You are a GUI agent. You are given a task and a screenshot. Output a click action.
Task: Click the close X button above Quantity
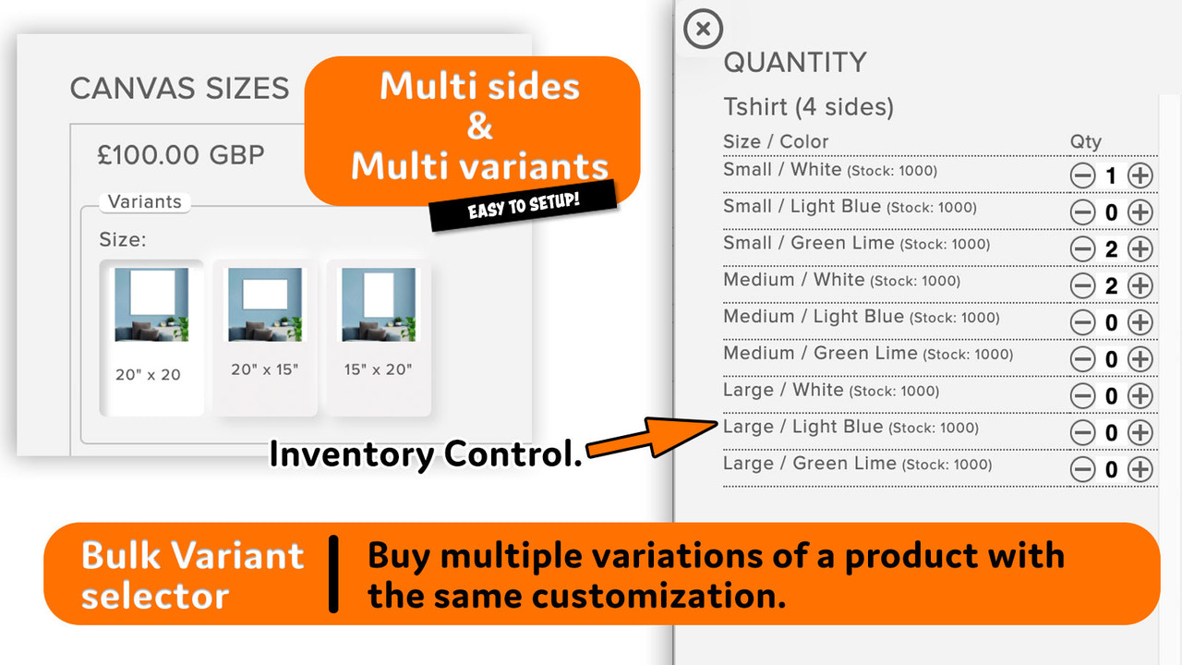point(703,30)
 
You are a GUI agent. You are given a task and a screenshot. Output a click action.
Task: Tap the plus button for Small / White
point(1140,175)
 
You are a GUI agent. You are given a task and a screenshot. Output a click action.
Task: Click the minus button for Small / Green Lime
point(1082,249)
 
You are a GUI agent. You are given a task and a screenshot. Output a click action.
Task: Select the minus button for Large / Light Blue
point(1082,432)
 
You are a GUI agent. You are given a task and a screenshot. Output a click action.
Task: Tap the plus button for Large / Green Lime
point(1140,469)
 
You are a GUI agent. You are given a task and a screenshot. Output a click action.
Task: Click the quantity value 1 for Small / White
point(1111,175)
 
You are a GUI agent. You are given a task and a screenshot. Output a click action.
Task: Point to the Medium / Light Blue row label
point(814,317)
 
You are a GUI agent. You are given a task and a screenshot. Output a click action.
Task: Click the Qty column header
point(1085,141)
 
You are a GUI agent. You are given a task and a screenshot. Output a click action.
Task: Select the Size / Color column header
point(776,141)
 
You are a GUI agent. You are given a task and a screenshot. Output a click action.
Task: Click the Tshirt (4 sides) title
point(808,107)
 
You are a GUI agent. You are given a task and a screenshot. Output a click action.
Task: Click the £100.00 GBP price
point(181,154)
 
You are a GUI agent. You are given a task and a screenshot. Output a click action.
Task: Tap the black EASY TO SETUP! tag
point(523,205)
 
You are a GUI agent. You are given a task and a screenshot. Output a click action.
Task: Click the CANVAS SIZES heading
point(180,89)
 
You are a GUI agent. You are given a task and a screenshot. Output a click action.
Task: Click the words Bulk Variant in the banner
point(192,556)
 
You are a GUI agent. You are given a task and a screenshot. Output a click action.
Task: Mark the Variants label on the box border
point(144,202)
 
